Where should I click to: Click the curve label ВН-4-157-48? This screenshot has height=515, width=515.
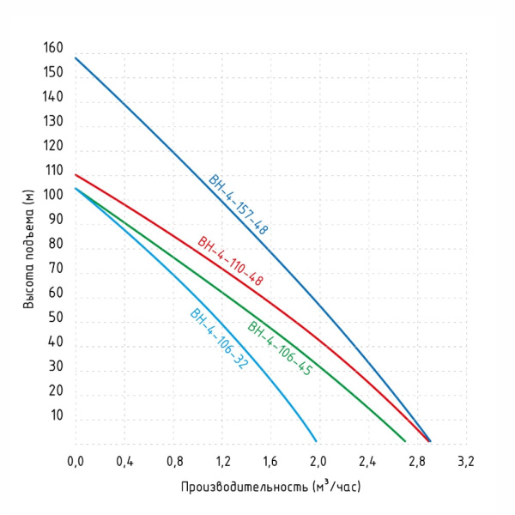tap(239, 204)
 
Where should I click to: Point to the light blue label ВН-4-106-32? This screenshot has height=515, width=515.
tap(219, 338)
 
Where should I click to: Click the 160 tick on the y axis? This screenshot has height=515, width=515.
tap(52, 48)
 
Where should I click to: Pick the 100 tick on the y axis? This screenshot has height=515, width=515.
tap(52, 195)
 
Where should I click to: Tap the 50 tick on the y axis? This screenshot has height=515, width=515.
tap(56, 318)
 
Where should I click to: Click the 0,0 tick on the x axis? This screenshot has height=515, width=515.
tap(76, 463)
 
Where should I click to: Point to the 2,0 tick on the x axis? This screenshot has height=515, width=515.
tap(319, 463)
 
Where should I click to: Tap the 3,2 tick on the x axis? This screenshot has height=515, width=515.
tap(465, 463)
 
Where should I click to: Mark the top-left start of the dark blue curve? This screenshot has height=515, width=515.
tap(76, 58)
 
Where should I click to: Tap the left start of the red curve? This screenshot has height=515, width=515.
tap(76, 175)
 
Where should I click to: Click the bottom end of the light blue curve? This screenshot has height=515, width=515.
tap(316, 440)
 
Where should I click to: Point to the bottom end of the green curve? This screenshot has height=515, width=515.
tap(404, 440)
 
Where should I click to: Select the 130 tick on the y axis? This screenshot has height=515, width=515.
tap(52, 122)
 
